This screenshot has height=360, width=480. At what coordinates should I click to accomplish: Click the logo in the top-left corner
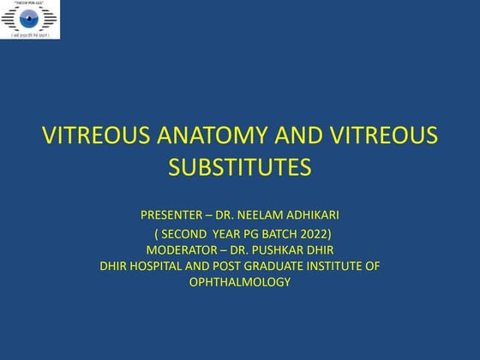31,19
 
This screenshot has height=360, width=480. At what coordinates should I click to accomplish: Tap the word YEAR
233,232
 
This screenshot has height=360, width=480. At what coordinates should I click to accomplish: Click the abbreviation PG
261,232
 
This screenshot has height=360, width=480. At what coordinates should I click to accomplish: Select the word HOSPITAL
160,267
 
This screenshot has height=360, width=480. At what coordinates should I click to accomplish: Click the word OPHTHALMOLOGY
239,283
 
